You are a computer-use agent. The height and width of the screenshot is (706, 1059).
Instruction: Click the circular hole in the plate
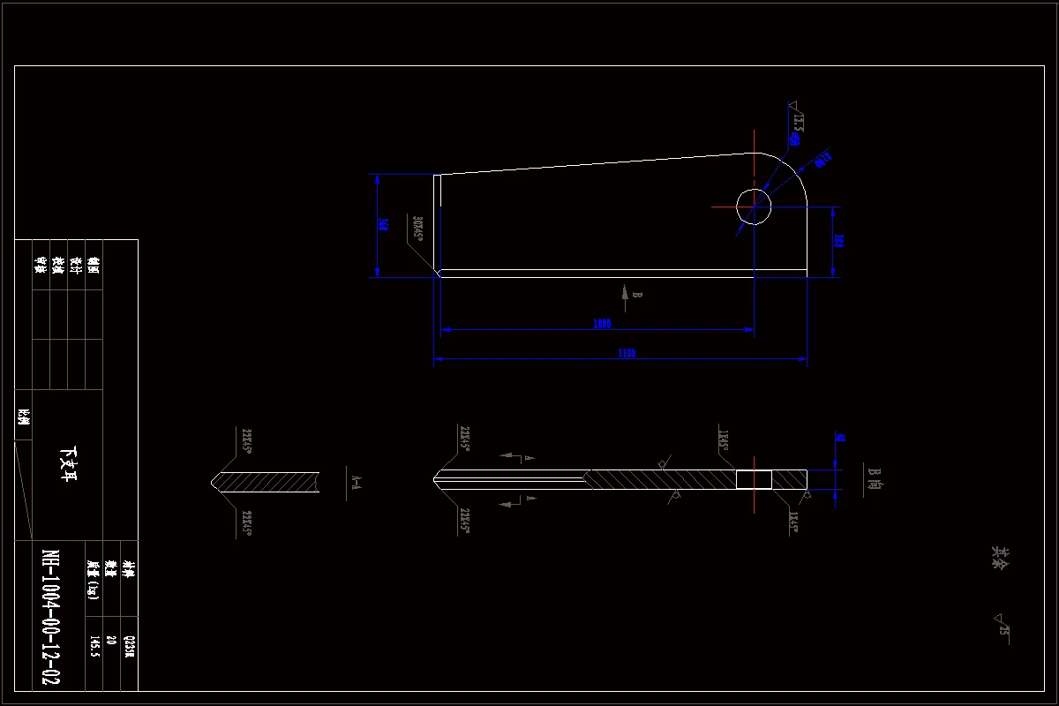pos(754,207)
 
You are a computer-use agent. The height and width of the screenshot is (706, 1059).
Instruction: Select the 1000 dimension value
pos(602,324)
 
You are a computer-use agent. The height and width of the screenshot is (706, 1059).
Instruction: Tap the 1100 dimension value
pos(627,354)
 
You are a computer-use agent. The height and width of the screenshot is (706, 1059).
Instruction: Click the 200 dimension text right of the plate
pos(838,241)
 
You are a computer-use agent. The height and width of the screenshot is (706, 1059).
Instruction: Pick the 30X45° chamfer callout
pos(418,228)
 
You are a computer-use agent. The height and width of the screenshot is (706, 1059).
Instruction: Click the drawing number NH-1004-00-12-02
pos(50,618)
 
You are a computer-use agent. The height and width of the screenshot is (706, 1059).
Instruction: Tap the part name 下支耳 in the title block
pos(68,465)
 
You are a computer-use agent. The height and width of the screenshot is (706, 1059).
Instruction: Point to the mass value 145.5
pos(94,646)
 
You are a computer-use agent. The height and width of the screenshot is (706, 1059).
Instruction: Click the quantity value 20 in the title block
pos(111,641)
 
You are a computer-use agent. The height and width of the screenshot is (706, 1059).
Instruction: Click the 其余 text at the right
pos(1000,556)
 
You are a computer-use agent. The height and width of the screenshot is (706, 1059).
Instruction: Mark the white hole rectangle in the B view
pos(754,479)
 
